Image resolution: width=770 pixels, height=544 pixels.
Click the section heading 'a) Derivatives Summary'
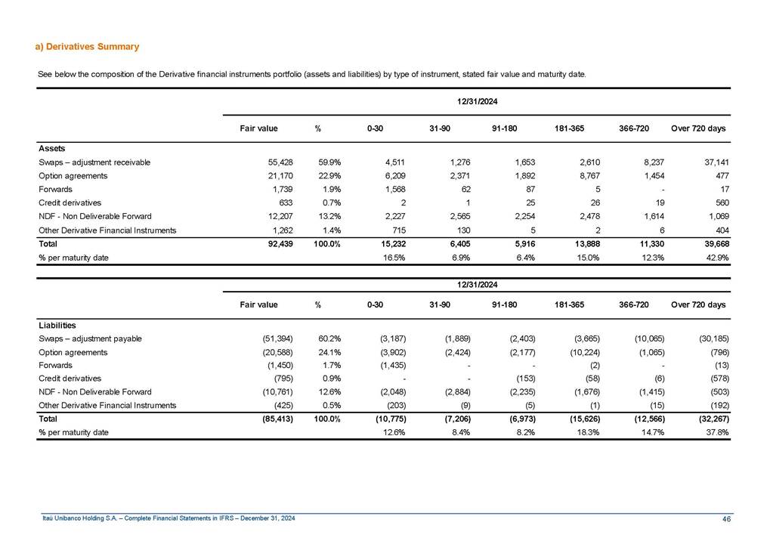pyautogui.click(x=88, y=47)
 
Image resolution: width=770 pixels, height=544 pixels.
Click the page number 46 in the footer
pyautogui.click(x=726, y=518)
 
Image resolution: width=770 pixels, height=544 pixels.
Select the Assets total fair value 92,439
pyautogui.click(x=263, y=244)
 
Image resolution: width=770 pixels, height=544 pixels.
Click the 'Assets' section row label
pyautogui.click(x=51, y=149)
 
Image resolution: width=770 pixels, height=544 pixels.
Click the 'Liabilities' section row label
pyautogui.click(x=57, y=325)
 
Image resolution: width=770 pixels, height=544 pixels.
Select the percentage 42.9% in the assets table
pyautogui.click(x=713, y=258)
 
